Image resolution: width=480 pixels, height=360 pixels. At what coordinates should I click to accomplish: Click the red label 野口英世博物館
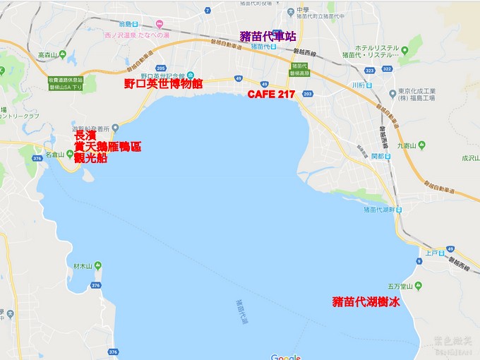coord(163,83)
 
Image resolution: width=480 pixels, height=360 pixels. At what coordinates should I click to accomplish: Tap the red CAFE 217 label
coord(272,95)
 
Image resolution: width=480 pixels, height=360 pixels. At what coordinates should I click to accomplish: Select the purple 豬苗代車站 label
coord(268,37)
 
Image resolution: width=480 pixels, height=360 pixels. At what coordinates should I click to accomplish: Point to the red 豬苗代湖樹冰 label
coord(366,302)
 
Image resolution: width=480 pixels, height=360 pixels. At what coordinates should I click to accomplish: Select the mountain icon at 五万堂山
coord(419,286)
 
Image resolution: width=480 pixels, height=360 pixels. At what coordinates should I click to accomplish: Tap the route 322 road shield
coord(387,69)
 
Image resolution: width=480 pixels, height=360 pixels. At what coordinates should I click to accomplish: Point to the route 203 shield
coord(306,93)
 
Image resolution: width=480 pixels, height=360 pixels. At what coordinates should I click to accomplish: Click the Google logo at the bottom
coord(285,356)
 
